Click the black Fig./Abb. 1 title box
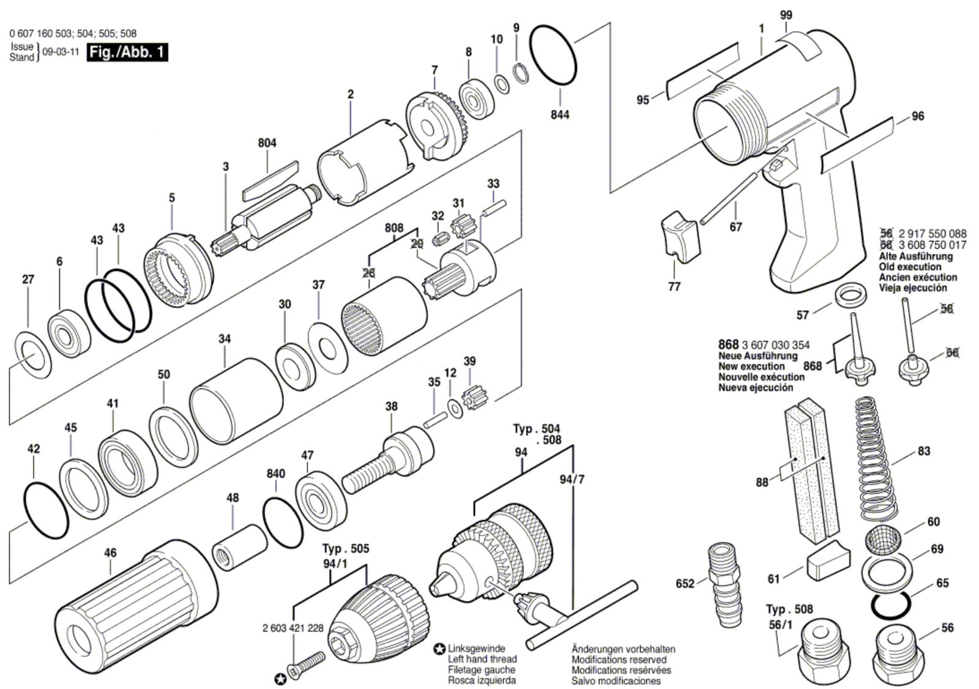[x=127, y=53]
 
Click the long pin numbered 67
[x=728, y=198]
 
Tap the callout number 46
[x=110, y=553]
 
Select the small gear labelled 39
[x=472, y=395]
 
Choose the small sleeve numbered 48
[x=239, y=548]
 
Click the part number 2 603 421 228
[x=293, y=628]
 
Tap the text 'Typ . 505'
[x=345, y=549]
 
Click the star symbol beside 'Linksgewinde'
[x=439, y=649]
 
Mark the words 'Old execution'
[x=910, y=267]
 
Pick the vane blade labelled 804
[x=270, y=181]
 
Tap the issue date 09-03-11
[x=61, y=52]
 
